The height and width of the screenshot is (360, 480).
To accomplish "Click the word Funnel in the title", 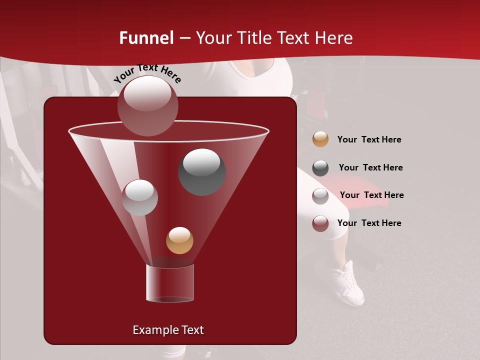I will pyautogui.click(x=146, y=38).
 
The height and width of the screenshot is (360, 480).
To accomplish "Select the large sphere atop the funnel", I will pyautogui.click(x=148, y=105).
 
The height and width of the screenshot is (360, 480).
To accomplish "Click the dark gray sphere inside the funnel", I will pyautogui.click(x=202, y=172).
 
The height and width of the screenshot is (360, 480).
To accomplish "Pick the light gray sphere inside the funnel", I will pyautogui.click(x=140, y=197).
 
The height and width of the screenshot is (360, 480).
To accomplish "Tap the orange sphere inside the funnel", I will pyautogui.click(x=179, y=240).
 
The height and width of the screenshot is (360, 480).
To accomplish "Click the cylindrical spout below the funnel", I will pyautogui.click(x=170, y=283).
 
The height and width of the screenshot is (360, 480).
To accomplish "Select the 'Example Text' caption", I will pyautogui.click(x=168, y=330).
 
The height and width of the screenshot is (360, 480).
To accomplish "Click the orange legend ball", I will pyautogui.click(x=320, y=139).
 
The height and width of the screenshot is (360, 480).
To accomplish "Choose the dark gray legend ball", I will pyautogui.click(x=320, y=168).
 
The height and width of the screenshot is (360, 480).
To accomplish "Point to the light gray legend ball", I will pyautogui.click(x=320, y=195).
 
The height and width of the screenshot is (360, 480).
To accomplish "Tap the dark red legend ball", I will pyautogui.click(x=320, y=223).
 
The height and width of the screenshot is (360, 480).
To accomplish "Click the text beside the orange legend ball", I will pyautogui.click(x=369, y=140).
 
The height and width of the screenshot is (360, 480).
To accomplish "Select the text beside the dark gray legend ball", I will pyautogui.click(x=370, y=167).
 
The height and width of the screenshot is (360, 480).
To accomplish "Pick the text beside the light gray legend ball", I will pyautogui.click(x=371, y=195).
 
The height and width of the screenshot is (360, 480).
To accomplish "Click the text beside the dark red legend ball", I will pyautogui.click(x=369, y=223).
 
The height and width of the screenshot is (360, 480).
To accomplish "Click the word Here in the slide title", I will pyautogui.click(x=333, y=38).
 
